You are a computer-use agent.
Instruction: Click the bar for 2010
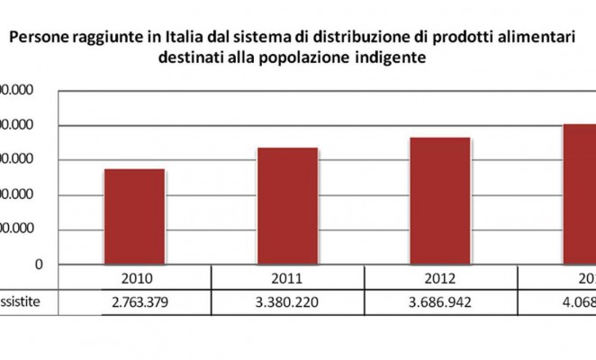tap(134, 216)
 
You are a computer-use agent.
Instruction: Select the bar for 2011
tap(287, 205)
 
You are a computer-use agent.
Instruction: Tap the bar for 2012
tap(440, 201)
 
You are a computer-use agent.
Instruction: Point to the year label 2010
tap(134, 277)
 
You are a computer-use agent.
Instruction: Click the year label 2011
tap(287, 277)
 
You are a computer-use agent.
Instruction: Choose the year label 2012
tap(440, 277)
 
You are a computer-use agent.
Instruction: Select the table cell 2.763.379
tap(134, 301)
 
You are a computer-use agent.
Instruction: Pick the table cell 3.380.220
tap(287, 301)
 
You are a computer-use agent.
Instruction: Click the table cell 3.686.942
tap(440, 301)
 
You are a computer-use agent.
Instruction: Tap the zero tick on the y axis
tap(40, 264)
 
